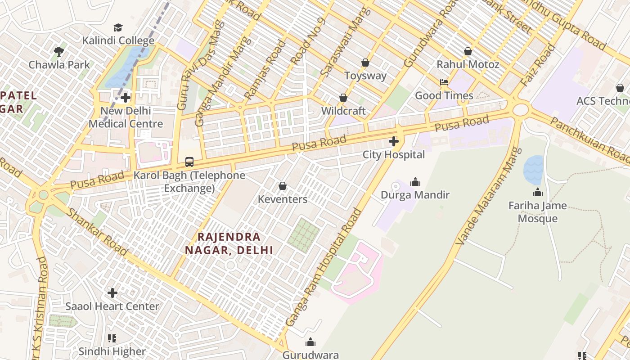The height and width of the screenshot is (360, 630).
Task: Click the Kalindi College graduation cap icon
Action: (118, 27)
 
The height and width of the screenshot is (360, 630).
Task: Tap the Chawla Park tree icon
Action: (58, 52)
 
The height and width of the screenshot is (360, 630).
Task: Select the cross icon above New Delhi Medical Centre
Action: (126, 98)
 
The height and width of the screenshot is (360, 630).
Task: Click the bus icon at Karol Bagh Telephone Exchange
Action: (189, 162)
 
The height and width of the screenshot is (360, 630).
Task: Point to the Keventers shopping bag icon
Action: (283, 186)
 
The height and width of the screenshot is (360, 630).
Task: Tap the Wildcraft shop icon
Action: (343, 98)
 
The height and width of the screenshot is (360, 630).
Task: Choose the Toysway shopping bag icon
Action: (365, 63)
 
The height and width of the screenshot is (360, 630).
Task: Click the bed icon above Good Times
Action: (444, 82)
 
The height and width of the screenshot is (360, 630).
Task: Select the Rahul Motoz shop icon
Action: (468, 51)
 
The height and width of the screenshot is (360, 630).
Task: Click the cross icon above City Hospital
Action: (394, 142)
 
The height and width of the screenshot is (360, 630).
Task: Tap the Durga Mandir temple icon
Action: (415, 182)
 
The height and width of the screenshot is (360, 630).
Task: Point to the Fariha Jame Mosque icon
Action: (537, 193)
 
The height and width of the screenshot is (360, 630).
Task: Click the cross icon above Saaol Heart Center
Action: (112, 293)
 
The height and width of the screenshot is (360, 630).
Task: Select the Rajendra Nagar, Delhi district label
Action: (229, 243)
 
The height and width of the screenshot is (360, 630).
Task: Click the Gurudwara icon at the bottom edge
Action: (310, 342)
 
